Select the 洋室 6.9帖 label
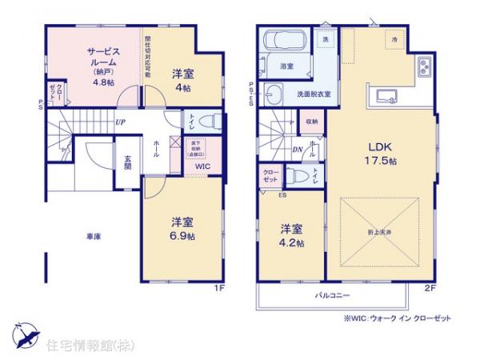(182, 228)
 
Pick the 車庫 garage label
(93, 237)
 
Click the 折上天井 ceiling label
(381, 231)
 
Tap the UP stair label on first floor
(119, 122)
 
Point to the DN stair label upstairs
(297, 149)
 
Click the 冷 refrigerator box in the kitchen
(394, 39)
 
